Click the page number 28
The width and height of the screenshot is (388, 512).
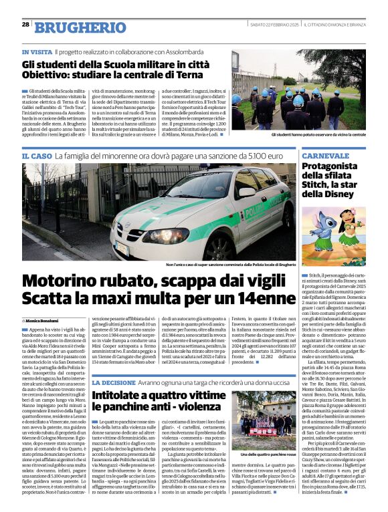pyautogui.click(x=25, y=24)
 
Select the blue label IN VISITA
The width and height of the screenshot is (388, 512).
pyautogui.click(x=36, y=51)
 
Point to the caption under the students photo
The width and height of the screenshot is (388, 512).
pyautogui.click(x=309, y=134)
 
